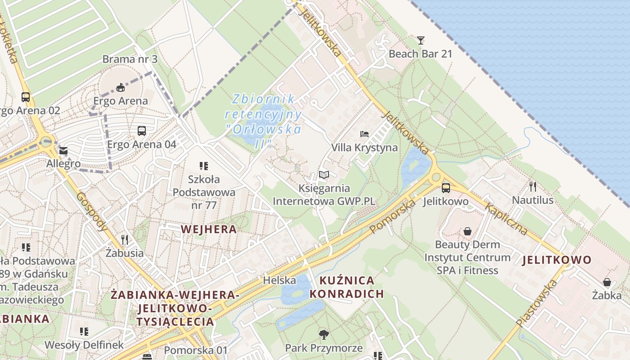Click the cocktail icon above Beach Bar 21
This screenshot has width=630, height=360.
click(420, 40)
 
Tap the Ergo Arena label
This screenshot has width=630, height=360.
click(120, 101)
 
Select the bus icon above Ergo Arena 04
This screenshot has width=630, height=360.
click(142, 131)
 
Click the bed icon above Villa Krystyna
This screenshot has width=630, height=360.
click(364, 134)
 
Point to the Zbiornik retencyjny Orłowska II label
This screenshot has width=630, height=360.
click(264, 121)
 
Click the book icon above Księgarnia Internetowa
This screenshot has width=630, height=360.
click(324, 175)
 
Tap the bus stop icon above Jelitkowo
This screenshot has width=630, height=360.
click(445, 188)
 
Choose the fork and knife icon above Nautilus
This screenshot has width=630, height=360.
click(533, 187)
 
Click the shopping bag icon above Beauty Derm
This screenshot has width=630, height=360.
click(468, 231)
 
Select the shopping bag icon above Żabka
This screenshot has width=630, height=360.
click(607, 282)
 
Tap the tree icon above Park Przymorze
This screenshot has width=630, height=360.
click(324, 334)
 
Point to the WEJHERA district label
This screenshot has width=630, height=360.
click(208, 229)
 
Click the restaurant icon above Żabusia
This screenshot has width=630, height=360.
click(125, 239)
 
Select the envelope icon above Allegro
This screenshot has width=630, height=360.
click(63, 151)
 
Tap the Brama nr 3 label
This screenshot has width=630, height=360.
click(124, 59)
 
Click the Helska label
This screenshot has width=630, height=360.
click(279, 280)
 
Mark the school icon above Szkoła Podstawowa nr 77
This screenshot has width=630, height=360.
click(204, 166)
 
